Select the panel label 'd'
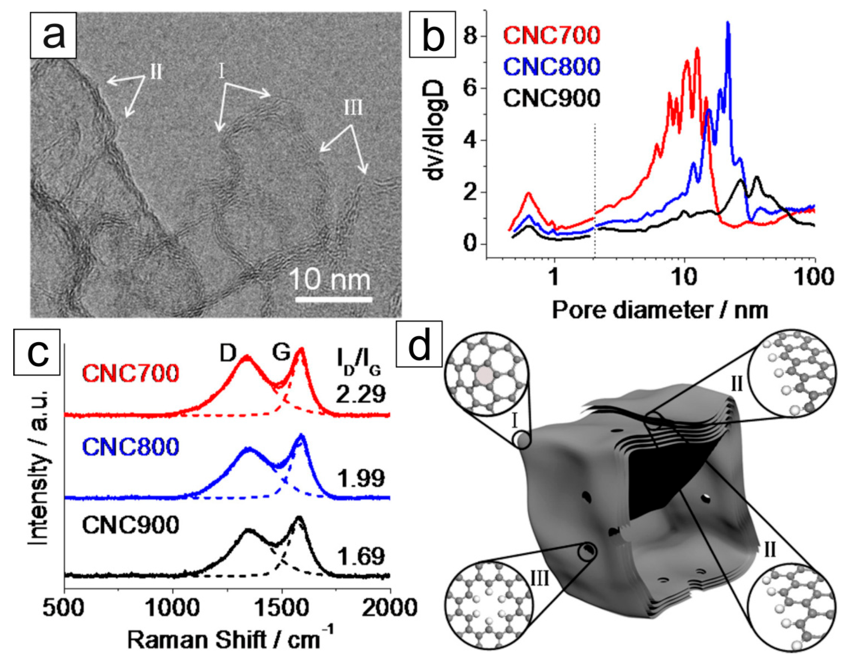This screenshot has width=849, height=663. click(x=419, y=344)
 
